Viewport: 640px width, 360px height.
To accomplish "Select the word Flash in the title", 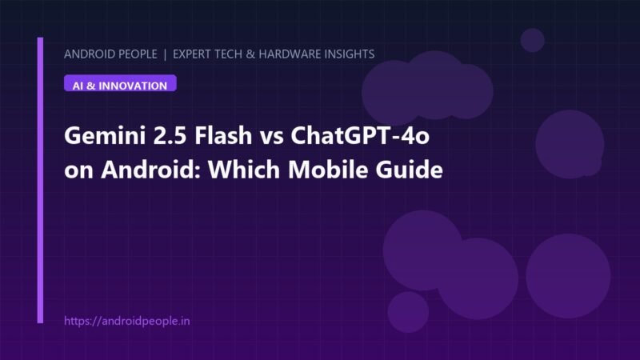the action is click(223, 134).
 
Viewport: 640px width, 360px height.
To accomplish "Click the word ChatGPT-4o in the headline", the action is click(360, 134).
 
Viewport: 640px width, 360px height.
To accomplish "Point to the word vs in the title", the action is click(272, 137).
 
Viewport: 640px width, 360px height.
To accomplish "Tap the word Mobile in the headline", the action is click(328, 169).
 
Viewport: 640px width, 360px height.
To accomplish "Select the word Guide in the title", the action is click(409, 169).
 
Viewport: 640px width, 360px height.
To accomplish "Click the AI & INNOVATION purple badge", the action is click(120, 83).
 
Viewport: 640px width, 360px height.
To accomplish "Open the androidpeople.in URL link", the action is click(127, 321).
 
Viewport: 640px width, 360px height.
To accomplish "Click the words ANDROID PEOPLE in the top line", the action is click(110, 54).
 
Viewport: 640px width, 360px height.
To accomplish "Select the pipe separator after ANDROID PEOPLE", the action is click(165, 54).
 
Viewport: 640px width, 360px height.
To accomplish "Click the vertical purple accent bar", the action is click(40, 180).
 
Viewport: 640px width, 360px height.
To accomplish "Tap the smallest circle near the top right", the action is click(532, 40).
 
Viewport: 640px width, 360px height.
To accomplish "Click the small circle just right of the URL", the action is click(408, 312).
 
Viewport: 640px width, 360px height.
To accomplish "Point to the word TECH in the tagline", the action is click(228, 54).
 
